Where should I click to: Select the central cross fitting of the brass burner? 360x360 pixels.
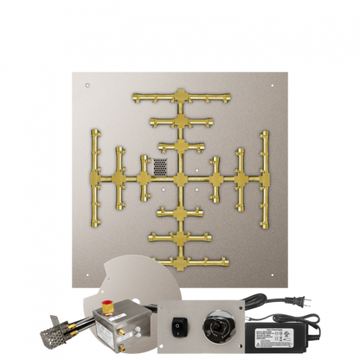(180, 180)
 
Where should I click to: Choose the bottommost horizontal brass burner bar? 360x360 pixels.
(180, 260)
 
